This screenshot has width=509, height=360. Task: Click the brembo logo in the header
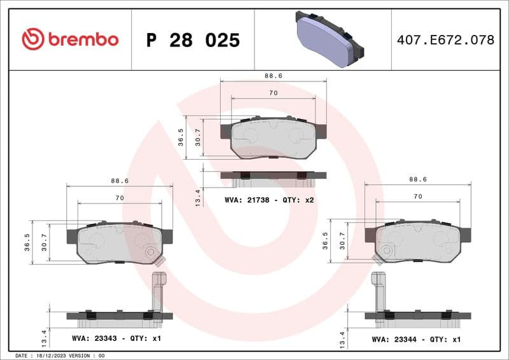coord(70,39)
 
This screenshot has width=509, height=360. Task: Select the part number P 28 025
coord(193,40)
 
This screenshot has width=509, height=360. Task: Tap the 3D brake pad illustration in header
coord(329,40)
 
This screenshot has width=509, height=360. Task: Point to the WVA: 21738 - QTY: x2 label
coord(270,200)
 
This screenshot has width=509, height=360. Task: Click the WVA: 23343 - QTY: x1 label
coord(116,338)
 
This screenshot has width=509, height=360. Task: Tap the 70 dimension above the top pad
coord(273,93)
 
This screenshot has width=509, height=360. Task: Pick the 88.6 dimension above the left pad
coord(120,181)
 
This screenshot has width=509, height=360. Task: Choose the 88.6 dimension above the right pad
coord(417,180)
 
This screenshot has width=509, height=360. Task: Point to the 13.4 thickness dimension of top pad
coord(197,197)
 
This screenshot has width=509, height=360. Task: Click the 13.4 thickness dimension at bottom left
coord(44,335)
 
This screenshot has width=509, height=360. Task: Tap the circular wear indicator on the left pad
coord(151,253)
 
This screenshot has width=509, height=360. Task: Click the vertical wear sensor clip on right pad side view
coord(379,289)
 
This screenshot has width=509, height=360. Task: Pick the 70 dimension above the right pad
coord(417,197)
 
